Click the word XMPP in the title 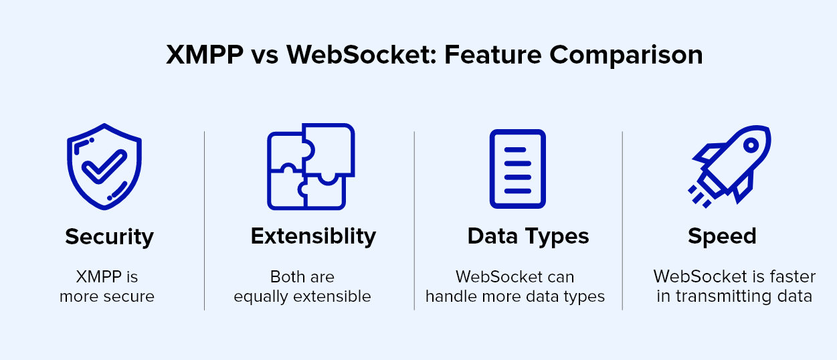(205, 55)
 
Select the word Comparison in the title (626, 56)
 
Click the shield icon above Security (104, 167)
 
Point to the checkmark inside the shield (104, 167)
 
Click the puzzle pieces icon (311, 167)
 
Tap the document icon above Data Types (517, 169)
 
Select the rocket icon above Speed (729, 167)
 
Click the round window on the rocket (751, 145)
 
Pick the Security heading (109, 237)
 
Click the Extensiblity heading (313, 237)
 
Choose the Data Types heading (528, 237)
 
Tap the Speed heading (722, 237)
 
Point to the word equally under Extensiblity (261, 297)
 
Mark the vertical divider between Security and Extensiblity (204, 221)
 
